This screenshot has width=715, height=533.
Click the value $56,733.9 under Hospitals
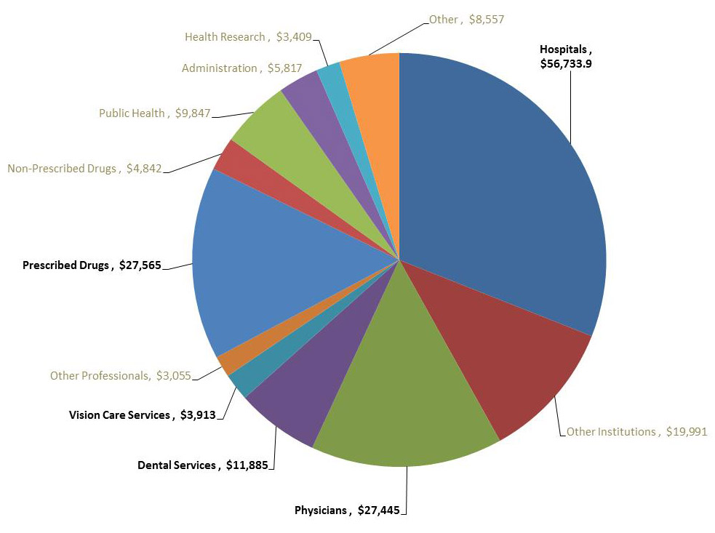coord(566,64)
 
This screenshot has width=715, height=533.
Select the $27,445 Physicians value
coord(378,510)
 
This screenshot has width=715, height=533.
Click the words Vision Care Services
coord(120,415)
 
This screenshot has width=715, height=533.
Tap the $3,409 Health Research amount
coord(295,36)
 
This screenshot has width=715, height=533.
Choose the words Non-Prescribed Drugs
coord(62,169)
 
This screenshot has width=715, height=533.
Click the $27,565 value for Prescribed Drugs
coord(140,265)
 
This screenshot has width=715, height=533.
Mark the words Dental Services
coord(177,465)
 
